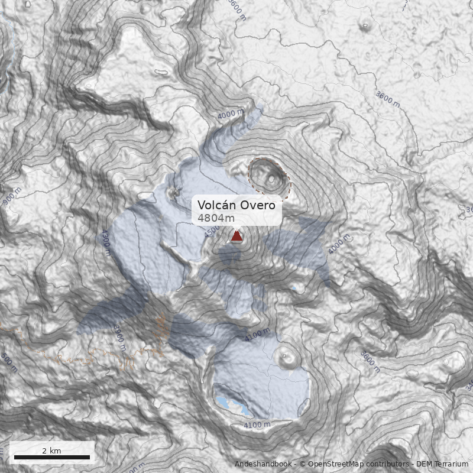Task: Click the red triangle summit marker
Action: coord(237,237)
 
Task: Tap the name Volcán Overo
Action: coord(237,205)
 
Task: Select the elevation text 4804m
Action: coord(212,218)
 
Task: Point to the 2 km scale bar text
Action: coord(51,451)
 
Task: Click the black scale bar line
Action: coord(51,457)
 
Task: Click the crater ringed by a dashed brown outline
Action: coord(270,177)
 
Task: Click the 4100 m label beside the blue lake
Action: coord(257,425)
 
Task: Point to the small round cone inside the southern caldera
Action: coord(288,357)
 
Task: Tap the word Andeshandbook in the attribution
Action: coord(263,464)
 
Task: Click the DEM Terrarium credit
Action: coord(442,464)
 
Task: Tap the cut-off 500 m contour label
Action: coord(9,362)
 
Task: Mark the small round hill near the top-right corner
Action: coord(364,26)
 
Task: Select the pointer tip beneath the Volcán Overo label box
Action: coord(237,229)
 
